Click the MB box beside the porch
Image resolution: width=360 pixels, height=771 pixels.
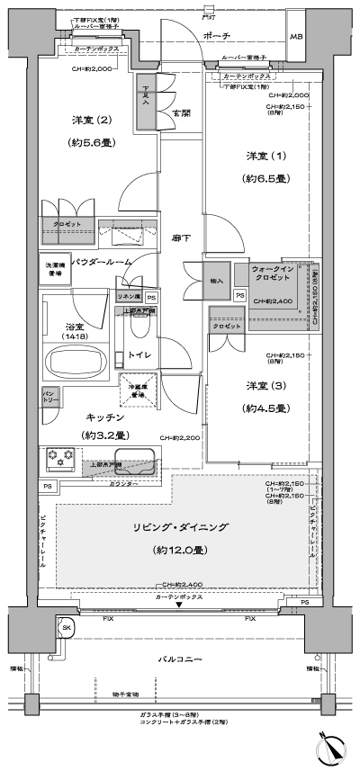(x=296, y=36)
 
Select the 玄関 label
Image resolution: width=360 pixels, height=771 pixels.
(x=180, y=113)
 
